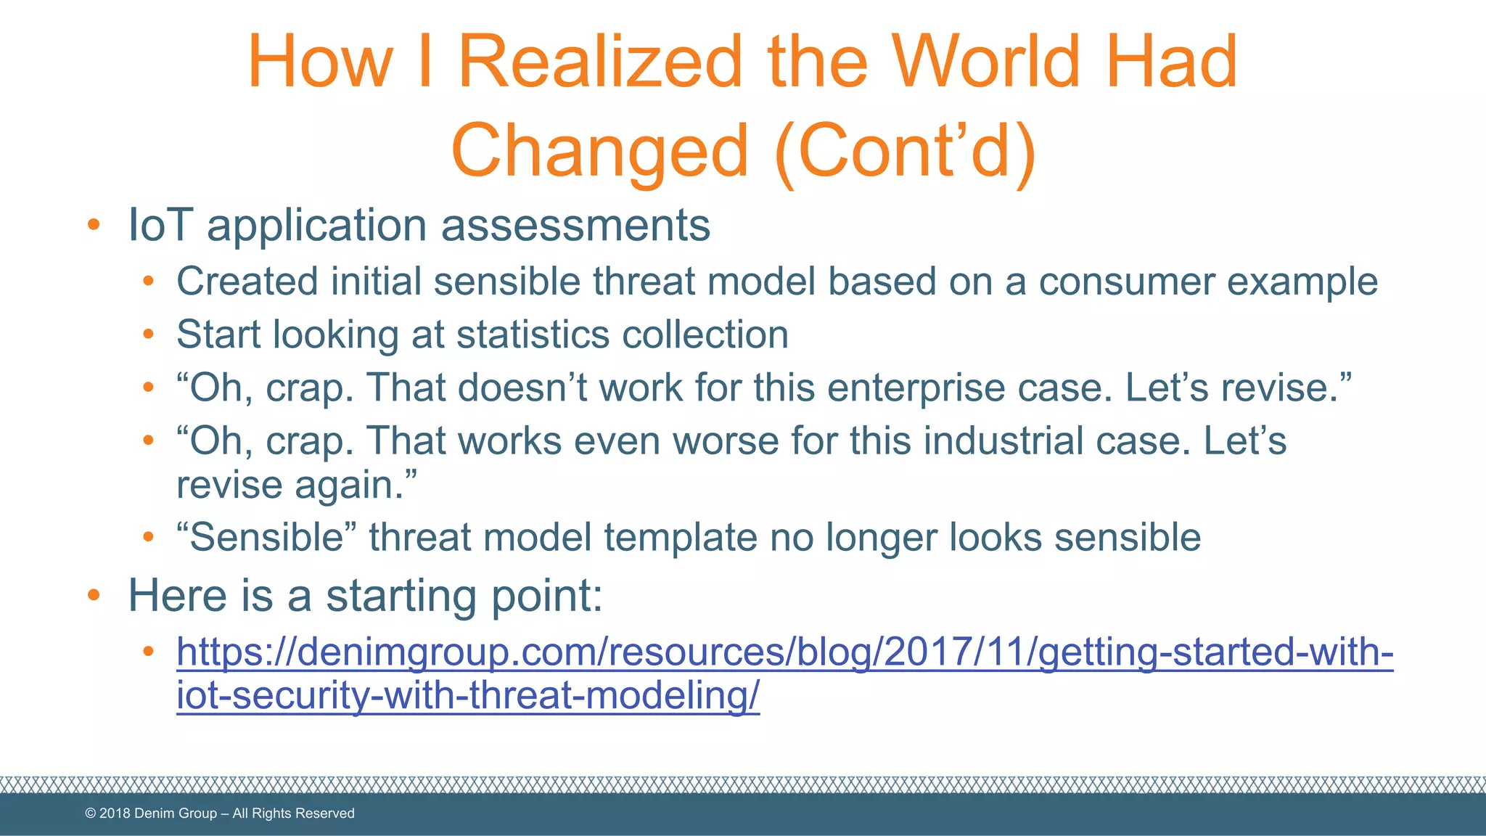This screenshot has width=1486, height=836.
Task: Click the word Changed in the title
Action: (599, 151)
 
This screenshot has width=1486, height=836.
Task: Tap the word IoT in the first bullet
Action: (160, 225)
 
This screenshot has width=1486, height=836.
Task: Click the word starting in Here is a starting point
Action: (402, 596)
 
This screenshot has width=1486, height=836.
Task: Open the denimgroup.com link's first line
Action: (784, 651)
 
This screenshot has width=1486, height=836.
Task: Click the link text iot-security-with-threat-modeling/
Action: (468, 695)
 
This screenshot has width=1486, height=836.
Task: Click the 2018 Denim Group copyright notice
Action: (220, 814)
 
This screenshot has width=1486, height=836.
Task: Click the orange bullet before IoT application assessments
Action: (93, 225)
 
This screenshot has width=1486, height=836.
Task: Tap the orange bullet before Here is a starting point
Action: (93, 596)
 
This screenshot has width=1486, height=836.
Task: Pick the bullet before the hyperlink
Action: (148, 651)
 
